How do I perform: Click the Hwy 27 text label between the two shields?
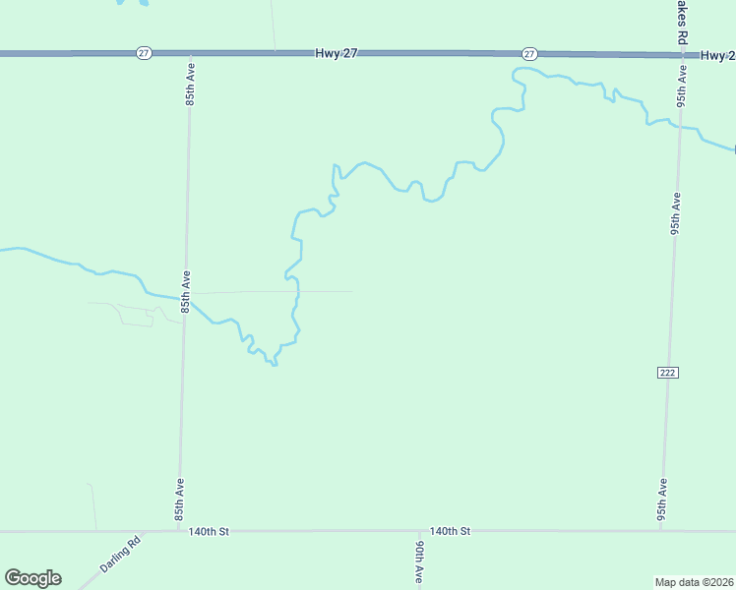click(x=337, y=53)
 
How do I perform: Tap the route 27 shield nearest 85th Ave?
click(x=144, y=53)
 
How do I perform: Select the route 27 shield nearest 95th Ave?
click(x=529, y=53)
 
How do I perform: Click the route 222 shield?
click(x=668, y=372)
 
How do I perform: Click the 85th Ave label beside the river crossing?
click(x=185, y=293)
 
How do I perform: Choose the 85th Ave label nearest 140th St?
click(x=180, y=501)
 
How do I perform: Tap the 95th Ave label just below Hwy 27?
click(x=681, y=87)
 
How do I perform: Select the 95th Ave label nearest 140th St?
click(x=663, y=501)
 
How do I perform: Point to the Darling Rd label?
click(x=120, y=555)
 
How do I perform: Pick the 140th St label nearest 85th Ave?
click(x=209, y=531)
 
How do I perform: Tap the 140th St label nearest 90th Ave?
click(x=451, y=531)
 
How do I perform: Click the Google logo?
click(x=32, y=578)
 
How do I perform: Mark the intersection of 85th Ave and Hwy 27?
click(x=191, y=53)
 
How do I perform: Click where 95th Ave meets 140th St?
click(x=661, y=531)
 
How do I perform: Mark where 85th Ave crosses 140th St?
click(x=178, y=531)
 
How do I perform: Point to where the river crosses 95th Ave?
click(x=679, y=125)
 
